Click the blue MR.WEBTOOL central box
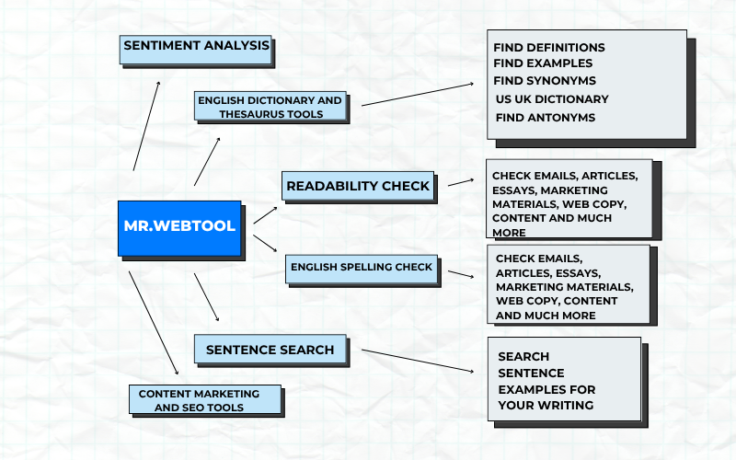click(x=179, y=226)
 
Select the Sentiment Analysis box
click(x=196, y=46)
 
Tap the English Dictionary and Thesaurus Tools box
click(x=271, y=107)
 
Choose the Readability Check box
click(x=358, y=186)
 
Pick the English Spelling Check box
click(x=362, y=268)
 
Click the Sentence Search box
click(x=270, y=350)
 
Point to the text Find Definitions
click(x=549, y=47)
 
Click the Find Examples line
click(x=543, y=63)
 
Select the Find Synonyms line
click(x=546, y=81)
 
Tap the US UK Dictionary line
click(x=552, y=99)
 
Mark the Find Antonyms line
click(x=546, y=118)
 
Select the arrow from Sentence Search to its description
click(x=419, y=361)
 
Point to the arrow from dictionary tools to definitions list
click(x=419, y=94)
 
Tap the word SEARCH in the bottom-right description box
click(x=523, y=356)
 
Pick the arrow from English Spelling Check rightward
click(x=460, y=273)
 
